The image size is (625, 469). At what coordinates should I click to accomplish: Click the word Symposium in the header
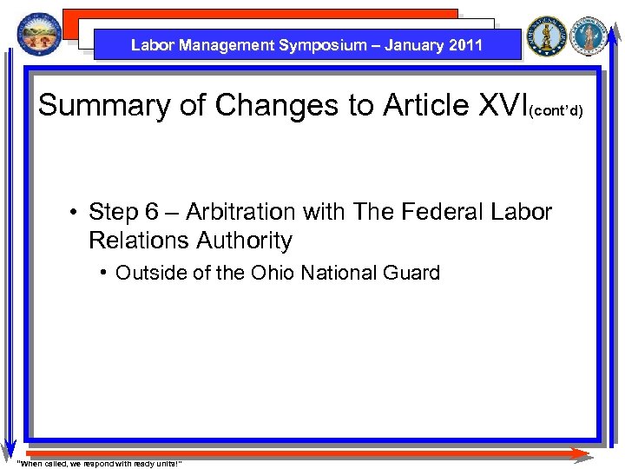[x=323, y=45]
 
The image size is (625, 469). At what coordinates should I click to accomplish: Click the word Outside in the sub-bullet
[x=148, y=273]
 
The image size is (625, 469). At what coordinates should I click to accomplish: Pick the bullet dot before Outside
[x=104, y=273]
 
